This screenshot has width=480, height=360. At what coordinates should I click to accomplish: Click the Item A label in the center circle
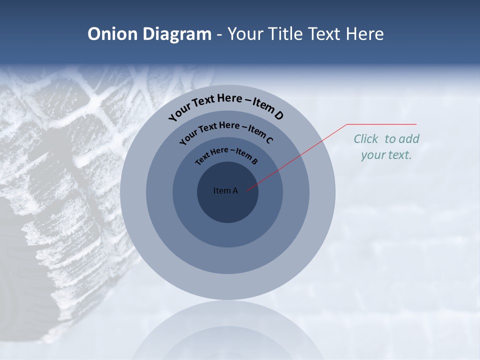pyautogui.click(x=225, y=190)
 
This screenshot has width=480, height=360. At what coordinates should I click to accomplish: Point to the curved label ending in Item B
pyautogui.click(x=226, y=154)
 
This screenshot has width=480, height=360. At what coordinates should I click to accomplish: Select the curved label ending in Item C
pyautogui.click(x=226, y=132)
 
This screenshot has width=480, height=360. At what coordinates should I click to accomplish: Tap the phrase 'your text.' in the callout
pyautogui.click(x=386, y=155)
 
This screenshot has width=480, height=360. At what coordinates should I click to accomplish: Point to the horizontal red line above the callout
pyautogui.click(x=381, y=124)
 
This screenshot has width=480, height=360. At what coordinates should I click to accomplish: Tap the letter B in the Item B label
pyautogui.click(x=254, y=161)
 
